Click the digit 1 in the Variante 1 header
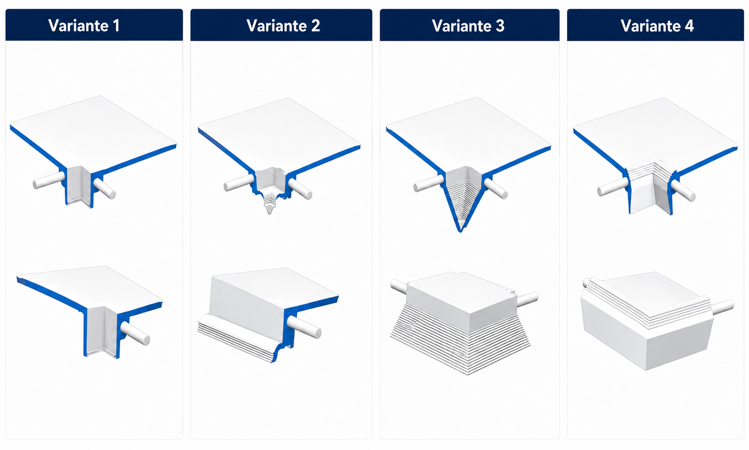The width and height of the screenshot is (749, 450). [116, 26]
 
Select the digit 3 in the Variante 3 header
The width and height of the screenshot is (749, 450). [500, 26]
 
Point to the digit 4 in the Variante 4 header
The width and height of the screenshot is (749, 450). [689, 26]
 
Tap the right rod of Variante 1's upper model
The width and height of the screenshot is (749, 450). [105, 189]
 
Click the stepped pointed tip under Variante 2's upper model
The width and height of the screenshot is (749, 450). [270, 204]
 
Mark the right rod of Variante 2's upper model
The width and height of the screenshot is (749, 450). [300, 189]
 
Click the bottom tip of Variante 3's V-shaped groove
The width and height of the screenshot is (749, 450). [460, 231]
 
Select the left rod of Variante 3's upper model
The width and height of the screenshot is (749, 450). [429, 183]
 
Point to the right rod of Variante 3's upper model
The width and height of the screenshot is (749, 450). [496, 189]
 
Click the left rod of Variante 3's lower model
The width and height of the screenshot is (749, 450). [399, 287]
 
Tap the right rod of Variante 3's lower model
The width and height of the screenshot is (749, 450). [526, 299]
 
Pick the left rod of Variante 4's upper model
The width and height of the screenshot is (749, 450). [613, 187]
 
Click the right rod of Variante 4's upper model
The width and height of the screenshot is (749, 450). [683, 191]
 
